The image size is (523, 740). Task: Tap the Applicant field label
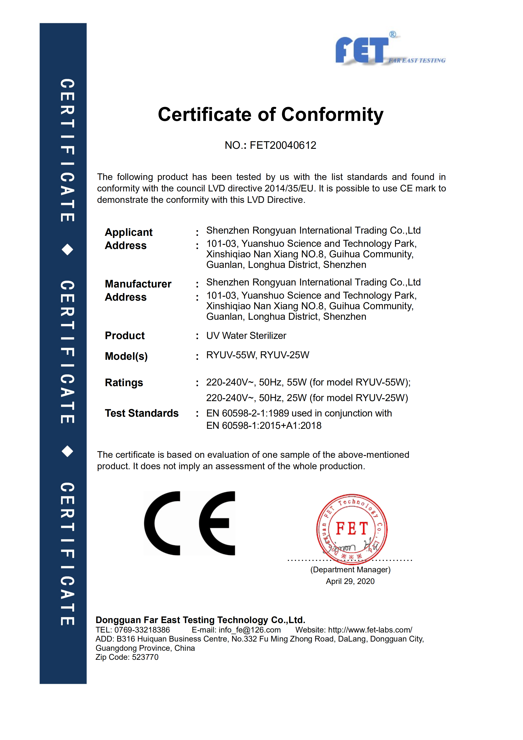[x=128, y=232]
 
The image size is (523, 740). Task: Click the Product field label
[x=125, y=336]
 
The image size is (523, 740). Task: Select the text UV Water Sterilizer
[x=246, y=336]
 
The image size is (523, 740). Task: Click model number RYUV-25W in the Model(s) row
[x=284, y=355]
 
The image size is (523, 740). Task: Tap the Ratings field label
[x=124, y=383]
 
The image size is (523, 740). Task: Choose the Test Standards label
[x=142, y=413]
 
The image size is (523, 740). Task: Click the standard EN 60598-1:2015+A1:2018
[x=264, y=425]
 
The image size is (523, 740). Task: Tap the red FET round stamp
[x=352, y=529]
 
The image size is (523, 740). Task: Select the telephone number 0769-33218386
[x=142, y=630]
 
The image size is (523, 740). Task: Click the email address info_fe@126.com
[x=250, y=630]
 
